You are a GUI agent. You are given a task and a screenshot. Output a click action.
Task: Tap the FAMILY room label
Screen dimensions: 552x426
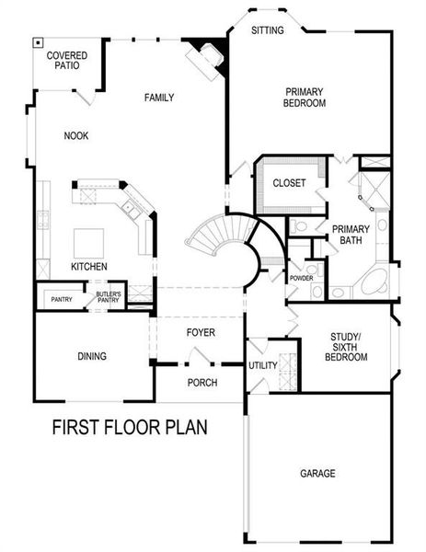(x=158, y=98)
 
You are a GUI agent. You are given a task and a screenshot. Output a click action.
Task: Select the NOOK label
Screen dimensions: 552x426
(x=76, y=135)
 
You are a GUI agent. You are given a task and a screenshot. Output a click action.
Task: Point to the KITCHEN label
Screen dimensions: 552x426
(x=89, y=267)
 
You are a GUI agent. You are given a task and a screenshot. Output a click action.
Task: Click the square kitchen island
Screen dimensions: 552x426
(x=89, y=242)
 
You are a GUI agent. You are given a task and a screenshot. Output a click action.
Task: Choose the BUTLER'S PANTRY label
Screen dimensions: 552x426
(x=109, y=296)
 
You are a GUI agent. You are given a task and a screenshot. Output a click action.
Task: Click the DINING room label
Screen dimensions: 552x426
(x=92, y=356)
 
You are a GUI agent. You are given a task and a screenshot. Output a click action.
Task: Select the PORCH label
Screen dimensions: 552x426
(x=201, y=382)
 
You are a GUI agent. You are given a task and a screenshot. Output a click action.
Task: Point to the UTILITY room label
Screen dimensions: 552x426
(x=262, y=365)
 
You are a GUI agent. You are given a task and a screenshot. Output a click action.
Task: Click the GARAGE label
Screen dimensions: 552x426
(x=317, y=474)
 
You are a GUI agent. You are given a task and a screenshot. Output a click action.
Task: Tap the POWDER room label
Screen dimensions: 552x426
(x=302, y=278)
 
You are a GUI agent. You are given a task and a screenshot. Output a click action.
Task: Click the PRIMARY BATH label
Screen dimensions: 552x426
(x=351, y=235)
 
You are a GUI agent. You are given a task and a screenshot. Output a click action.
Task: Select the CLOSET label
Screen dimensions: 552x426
(x=290, y=182)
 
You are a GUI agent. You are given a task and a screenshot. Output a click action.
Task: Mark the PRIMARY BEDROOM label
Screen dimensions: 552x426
(x=305, y=97)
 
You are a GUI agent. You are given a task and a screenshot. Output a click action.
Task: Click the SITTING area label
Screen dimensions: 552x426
(x=268, y=30)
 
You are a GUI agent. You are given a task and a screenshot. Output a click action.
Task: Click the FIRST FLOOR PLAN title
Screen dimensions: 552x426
(x=129, y=427)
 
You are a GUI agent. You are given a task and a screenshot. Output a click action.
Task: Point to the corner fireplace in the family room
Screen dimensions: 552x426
(x=204, y=57)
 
